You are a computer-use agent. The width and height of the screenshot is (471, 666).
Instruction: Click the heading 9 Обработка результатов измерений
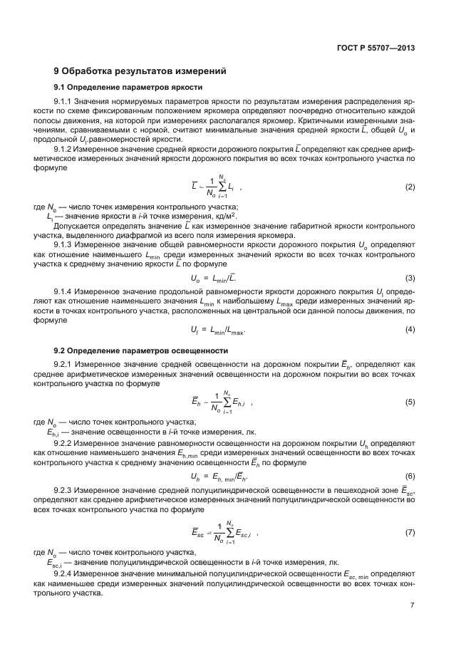[140, 71]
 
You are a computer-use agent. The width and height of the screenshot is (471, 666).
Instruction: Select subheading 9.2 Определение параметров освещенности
[141, 350]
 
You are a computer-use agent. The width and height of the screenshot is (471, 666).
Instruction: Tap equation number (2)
[410, 187]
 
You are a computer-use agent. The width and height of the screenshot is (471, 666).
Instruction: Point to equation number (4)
[410, 329]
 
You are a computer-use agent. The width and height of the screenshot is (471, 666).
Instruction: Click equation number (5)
[410, 402]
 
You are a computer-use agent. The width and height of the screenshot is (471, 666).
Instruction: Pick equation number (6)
[410, 475]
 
